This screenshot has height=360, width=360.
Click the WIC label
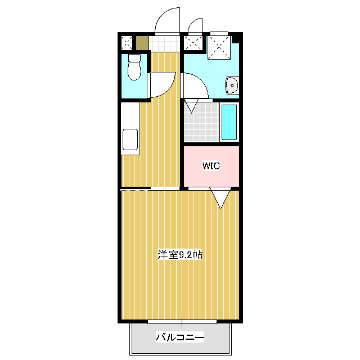[x=211, y=165]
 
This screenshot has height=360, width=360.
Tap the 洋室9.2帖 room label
[x=180, y=255]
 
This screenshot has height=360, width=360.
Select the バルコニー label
[x=180, y=337]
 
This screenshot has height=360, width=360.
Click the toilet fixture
[x=134, y=67]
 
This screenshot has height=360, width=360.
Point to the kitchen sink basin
[x=130, y=139]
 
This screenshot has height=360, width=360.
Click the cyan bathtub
[x=229, y=122]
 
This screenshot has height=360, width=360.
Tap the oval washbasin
[x=232, y=85]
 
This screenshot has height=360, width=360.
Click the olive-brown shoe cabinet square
[x=142, y=43]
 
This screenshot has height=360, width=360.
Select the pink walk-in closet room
[x=211, y=166]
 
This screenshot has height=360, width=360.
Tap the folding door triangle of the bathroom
[x=192, y=106]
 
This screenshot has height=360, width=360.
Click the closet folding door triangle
[x=220, y=198]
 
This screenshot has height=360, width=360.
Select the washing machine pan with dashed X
[x=219, y=47]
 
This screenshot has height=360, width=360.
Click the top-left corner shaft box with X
[x=127, y=43]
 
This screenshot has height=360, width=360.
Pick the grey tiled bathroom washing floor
[x=201, y=122]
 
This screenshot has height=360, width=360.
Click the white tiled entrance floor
[x=164, y=43]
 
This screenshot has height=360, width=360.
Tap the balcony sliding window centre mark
[x=182, y=322]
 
